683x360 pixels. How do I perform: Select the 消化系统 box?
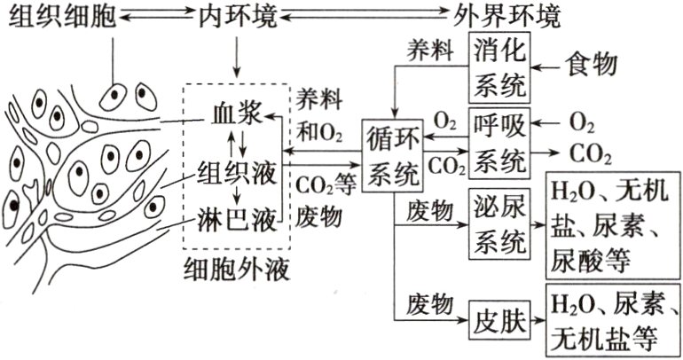point(499,67)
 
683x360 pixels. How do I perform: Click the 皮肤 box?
point(499,315)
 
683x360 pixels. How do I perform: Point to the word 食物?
point(592,66)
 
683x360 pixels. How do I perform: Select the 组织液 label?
point(236,170)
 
